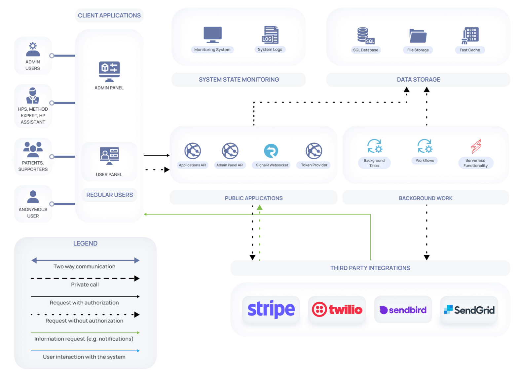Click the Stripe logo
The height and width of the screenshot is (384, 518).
[x=271, y=309]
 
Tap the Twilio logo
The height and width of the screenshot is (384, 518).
[x=337, y=310]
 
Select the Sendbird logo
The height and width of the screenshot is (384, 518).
[x=403, y=310]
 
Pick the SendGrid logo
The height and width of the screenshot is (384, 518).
[x=469, y=310]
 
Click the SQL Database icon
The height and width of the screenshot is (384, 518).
[x=365, y=36]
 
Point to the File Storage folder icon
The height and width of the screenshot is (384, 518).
[x=418, y=36]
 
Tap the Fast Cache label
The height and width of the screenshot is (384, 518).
[x=470, y=50]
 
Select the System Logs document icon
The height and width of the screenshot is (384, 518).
[x=270, y=35]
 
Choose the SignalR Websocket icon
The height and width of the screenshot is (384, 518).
[x=271, y=151]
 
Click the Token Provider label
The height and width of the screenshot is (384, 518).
[x=314, y=165]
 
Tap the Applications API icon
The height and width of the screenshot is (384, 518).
[x=193, y=151]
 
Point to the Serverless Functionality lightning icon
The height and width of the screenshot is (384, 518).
[x=476, y=146]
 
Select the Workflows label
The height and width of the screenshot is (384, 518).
[x=425, y=161]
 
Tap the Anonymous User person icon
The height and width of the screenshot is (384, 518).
[x=33, y=197]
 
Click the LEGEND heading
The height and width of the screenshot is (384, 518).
[x=85, y=244]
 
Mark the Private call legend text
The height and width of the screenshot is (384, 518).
[x=85, y=285]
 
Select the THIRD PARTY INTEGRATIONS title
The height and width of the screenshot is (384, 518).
[x=370, y=268]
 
